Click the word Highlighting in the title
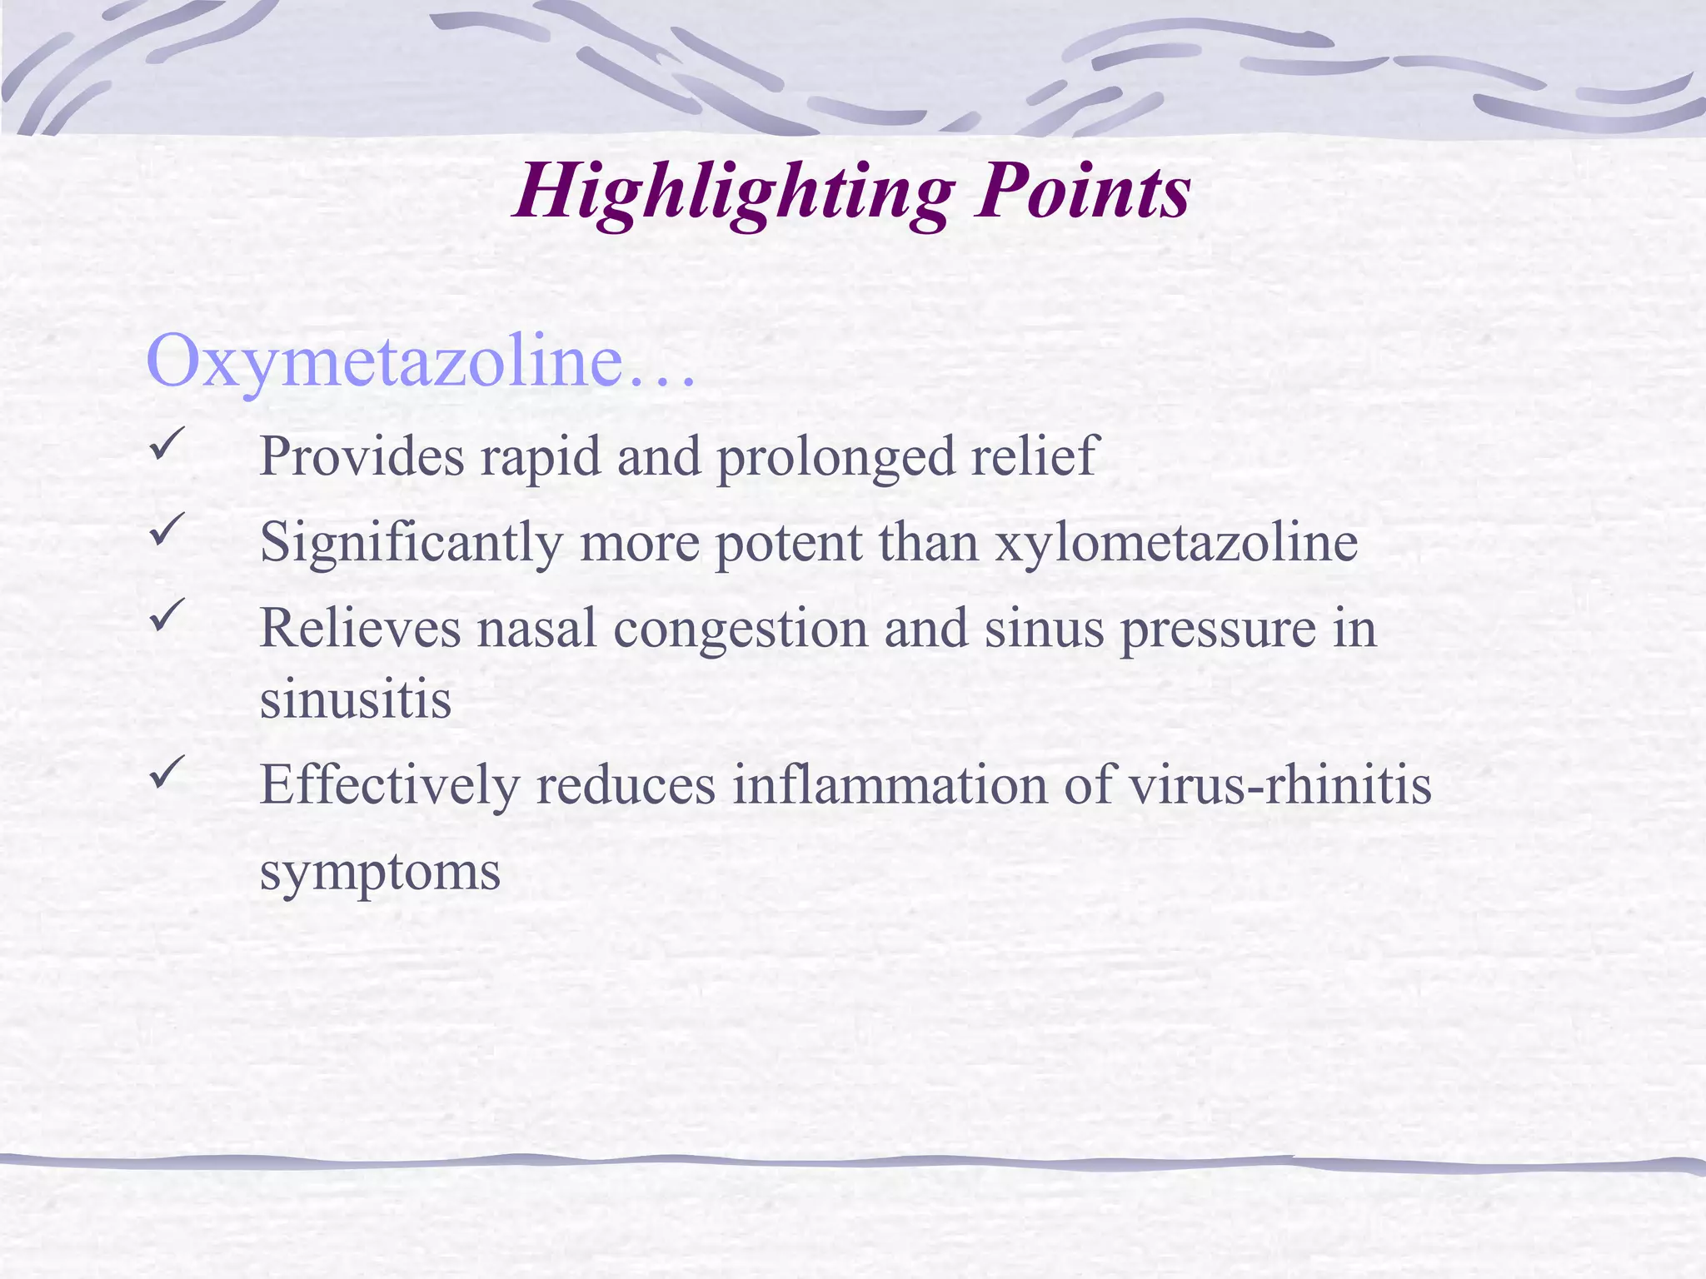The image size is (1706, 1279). click(733, 194)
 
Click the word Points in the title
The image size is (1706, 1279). click(1083, 192)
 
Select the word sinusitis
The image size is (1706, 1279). click(356, 699)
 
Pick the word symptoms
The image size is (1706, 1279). click(380, 873)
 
